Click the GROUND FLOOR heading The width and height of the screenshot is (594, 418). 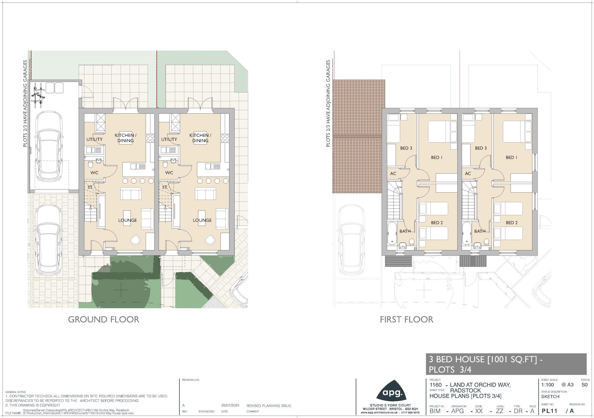[104, 320]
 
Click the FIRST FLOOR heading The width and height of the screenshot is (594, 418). [406, 320]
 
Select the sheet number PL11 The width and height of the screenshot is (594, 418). [549, 411]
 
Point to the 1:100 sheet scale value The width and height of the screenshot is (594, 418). [547, 385]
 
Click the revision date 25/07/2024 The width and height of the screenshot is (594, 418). [230, 406]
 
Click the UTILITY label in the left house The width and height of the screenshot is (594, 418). [94, 139]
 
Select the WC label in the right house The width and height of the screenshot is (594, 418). [169, 173]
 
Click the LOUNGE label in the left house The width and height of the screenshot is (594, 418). [127, 220]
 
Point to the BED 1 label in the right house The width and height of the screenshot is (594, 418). [511, 157]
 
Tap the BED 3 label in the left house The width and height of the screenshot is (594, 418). [406, 148]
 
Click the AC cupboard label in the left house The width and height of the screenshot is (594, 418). [393, 174]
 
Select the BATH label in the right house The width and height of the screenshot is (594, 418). [480, 231]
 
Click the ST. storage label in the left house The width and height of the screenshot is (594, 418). [90, 187]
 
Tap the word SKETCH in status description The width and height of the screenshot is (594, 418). [550, 397]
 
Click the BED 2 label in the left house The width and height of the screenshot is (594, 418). [437, 223]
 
